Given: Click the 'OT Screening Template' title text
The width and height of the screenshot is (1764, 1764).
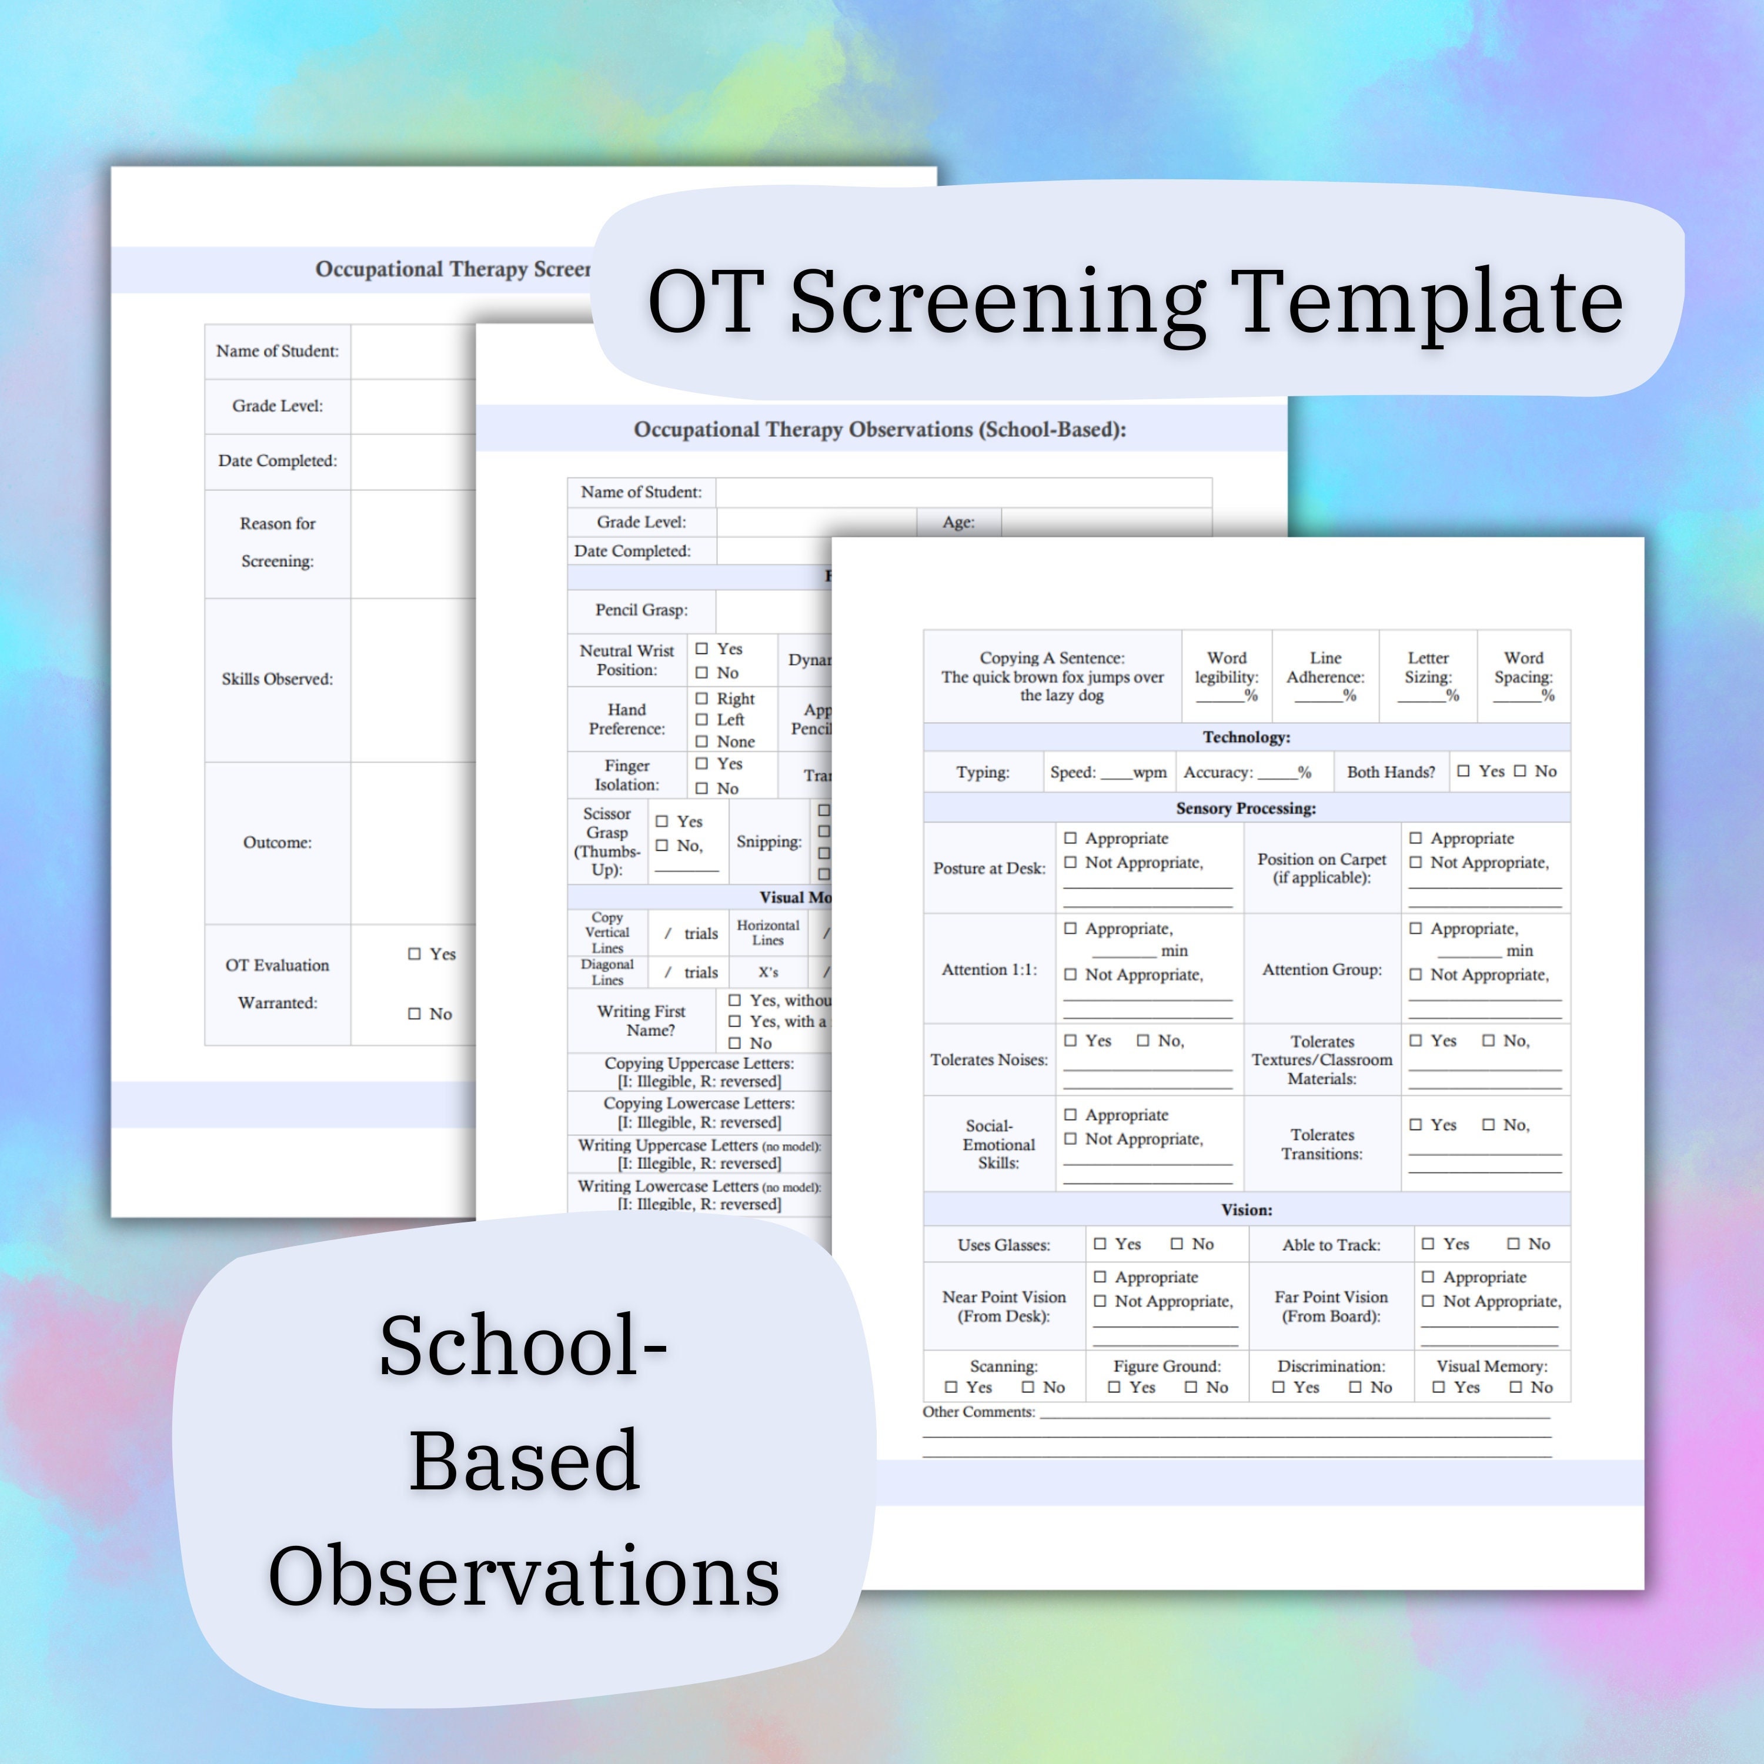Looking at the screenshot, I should point(1135,300).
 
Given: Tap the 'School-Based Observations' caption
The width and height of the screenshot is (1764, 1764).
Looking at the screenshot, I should point(523,1460).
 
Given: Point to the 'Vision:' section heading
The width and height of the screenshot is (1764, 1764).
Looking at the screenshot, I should point(1247,1210).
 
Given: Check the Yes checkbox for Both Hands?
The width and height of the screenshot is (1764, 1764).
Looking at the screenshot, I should point(1464,771).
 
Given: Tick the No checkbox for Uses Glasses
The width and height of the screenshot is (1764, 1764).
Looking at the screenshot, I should point(1177,1244).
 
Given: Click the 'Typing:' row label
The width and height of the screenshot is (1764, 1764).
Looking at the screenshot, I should point(983,773).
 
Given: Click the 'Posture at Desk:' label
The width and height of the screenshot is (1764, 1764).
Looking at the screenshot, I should point(989,868).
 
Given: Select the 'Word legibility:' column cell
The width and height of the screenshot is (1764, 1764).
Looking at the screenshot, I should point(1226,677).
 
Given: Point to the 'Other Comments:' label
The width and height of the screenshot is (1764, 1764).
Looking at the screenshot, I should point(978,1412).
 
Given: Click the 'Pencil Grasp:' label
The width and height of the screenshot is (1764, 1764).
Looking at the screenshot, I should point(641,610).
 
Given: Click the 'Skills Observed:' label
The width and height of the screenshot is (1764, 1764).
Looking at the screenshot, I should point(276,679).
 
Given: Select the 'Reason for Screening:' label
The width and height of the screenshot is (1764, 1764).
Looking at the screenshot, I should point(276,542).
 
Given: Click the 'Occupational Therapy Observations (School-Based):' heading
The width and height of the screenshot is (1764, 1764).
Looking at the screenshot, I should point(879,429).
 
